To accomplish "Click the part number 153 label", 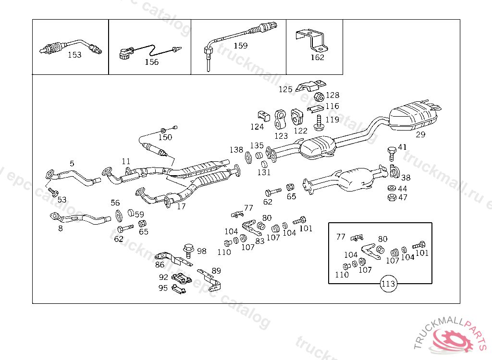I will click(74, 55).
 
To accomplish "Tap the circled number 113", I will click(388, 284).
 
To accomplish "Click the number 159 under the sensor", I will click(241, 46).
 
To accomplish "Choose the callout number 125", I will click(285, 89).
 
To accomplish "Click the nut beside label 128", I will click(318, 96).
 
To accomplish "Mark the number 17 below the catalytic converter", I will click(181, 207).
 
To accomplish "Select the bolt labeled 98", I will click(188, 250).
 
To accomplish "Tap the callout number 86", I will click(160, 264).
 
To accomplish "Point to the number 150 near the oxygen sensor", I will click(165, 137).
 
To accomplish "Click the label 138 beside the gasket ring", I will click(236, 150).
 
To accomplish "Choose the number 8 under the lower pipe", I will click(61, 228).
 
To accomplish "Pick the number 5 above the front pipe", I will click(72, 164).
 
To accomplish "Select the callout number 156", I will click(152, 62).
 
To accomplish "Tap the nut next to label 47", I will click(391, 197).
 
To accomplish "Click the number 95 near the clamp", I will click(163, 288).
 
